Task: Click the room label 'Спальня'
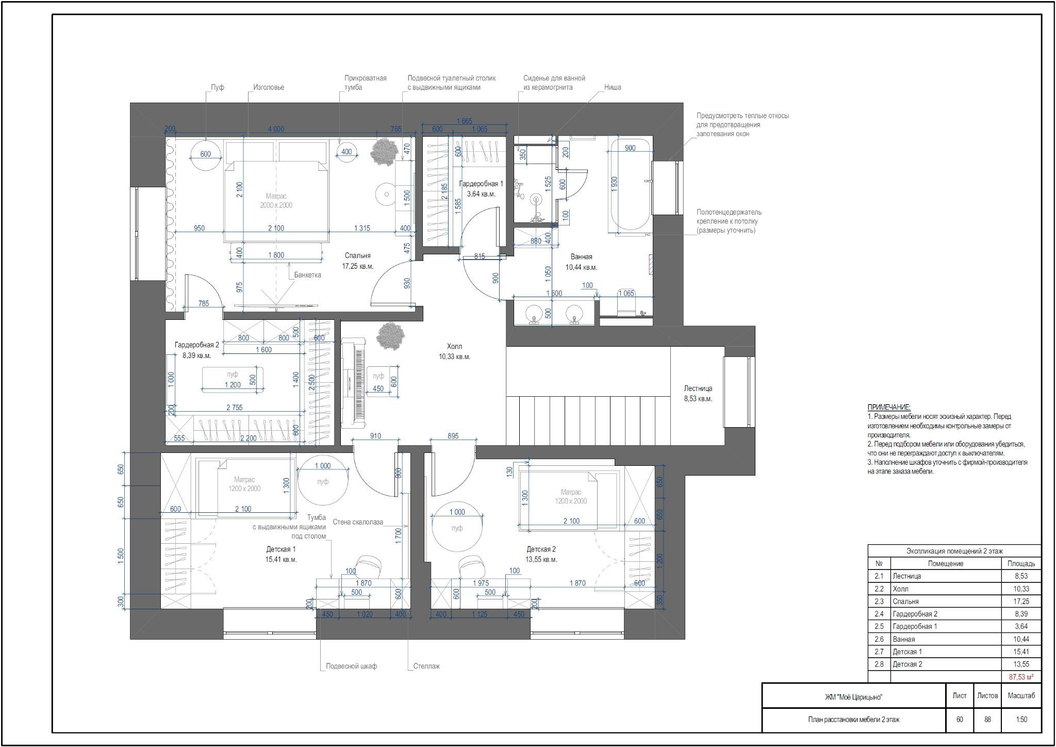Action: [357, 256]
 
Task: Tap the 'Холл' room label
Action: [455, 347]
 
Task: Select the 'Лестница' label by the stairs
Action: [698, 388]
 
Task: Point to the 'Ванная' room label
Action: [581, 257]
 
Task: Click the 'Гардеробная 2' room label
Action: [197, 345]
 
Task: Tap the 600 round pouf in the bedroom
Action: [206, 154]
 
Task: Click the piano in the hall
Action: [354, 383]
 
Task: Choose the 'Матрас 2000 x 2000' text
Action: [276, 201]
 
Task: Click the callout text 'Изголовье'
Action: [269, 87]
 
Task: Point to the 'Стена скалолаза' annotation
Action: [358, 522]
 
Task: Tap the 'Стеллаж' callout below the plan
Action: [426, 666]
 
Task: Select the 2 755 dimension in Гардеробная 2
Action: [234, 408]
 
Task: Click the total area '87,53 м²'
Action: [1021, 677]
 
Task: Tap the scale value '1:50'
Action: [1021, 720]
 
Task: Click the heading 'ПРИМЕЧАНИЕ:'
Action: [889, 407]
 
